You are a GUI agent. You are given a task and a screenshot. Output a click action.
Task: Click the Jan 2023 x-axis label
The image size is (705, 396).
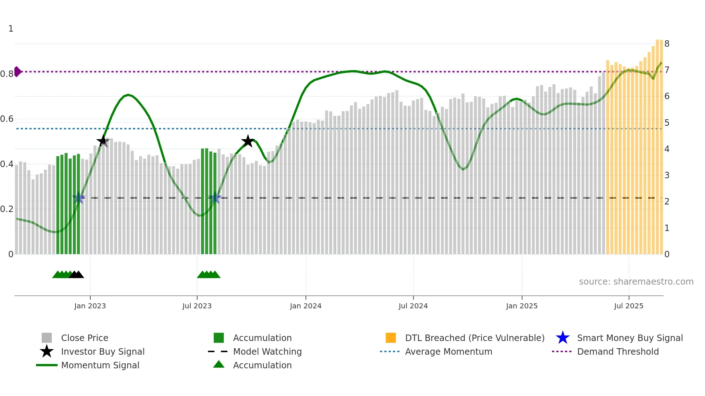pyautogui.click(x=90, y=306)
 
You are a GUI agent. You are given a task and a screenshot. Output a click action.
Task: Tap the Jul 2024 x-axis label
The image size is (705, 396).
pyautogui.click(x=413, y=306)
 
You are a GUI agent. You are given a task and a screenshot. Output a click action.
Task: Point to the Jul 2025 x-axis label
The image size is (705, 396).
pyautogui.click(x=628, y=306)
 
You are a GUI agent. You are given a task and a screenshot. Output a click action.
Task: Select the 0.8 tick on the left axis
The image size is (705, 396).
pyautogui.click(x=7, y=74)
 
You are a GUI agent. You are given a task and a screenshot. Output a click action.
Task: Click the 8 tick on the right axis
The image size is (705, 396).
pyautogui.click(x=667, y=44)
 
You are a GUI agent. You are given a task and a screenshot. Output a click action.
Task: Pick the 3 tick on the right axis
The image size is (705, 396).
pyautogui.click(x=667, y=175)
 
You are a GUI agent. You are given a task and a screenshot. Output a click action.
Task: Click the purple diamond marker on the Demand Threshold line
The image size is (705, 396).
pyautogui.click(x=17, y=72)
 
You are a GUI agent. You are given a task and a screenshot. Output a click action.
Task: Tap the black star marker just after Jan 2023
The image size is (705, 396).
pyautogui.click(x=103, y=141)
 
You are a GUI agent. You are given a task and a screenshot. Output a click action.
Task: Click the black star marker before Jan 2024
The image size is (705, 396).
pyautogui.click(x=247, y=141)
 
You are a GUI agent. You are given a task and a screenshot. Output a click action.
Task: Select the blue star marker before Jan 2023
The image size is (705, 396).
pyautogui.click(x=78, y=198)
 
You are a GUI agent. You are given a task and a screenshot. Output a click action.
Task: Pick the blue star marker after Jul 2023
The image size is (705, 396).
pyautogui.click(x=215, y=198)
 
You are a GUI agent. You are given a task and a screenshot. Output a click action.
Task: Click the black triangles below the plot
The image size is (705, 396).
pyautogui.click(x=76, y=275)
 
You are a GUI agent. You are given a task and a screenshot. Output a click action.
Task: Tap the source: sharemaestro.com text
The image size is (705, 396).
pyautogui.click(x=636, y=282)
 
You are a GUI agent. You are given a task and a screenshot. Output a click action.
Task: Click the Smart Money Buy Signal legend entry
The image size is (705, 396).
pyautogui.click(x=629, y=338)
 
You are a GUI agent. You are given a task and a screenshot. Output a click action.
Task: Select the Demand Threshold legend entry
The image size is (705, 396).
pyautogui.click(x=618, y=351)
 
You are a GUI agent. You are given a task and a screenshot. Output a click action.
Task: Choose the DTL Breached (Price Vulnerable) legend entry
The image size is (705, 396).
pyautogui.click(x=474, y=338)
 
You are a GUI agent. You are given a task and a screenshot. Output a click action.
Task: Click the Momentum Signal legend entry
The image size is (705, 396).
pyautogui.click(x=100, y=365)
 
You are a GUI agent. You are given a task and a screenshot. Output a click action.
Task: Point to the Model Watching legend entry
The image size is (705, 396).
pyautogui.click(x=267, y=351)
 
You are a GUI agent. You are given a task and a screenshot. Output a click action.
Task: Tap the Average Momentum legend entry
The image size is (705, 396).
pyautogui.click(x=448, y=351)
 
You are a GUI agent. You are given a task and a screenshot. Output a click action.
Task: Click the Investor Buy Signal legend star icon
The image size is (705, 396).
pyautogui.click(x=47, y=351)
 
